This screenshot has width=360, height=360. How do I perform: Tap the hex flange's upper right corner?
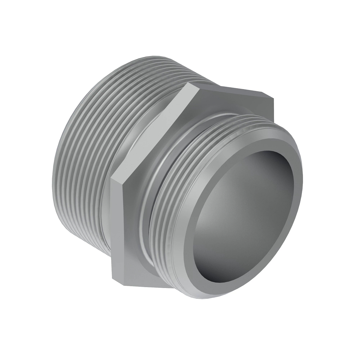click(x=273, y=97)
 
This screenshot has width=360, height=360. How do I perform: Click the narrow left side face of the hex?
click(x=118, y=228)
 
